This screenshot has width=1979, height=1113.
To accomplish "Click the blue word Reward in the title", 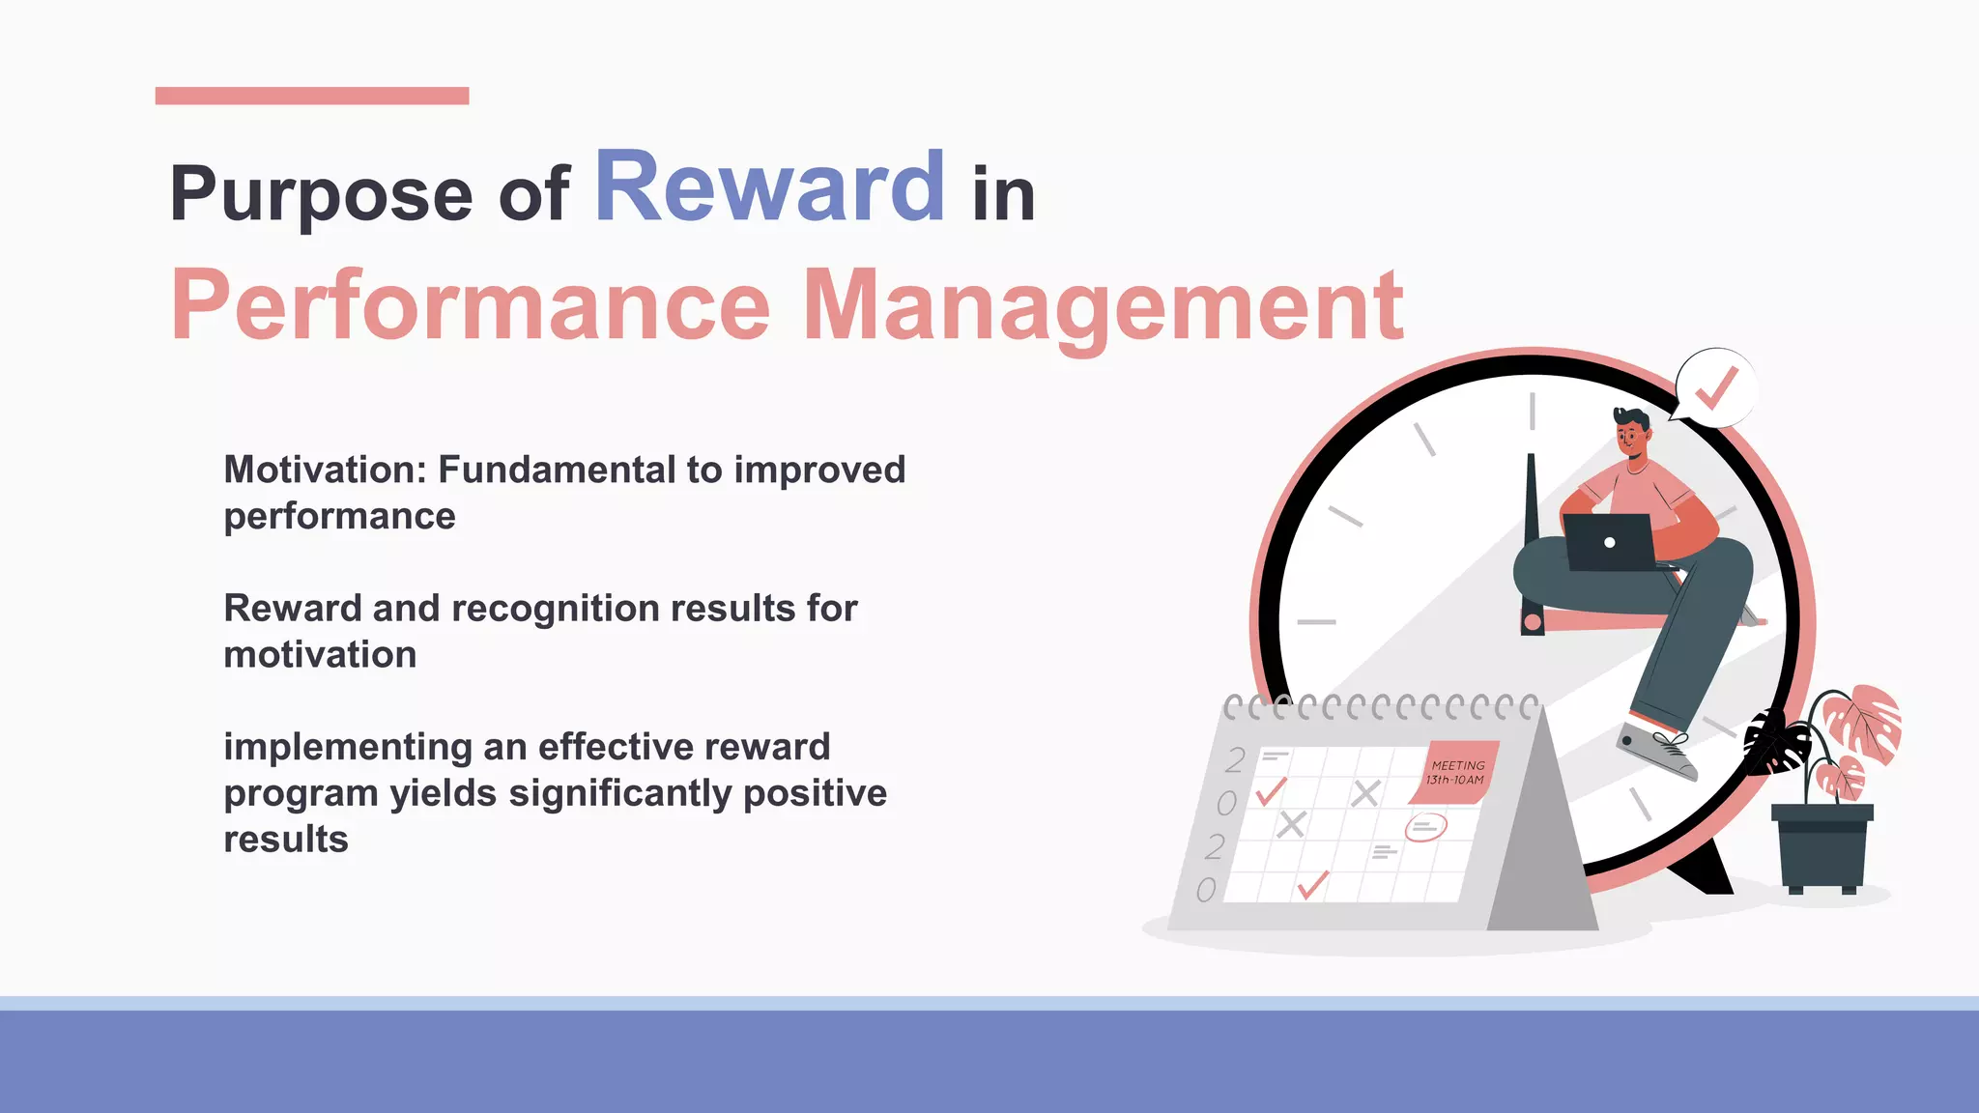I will point(769,187).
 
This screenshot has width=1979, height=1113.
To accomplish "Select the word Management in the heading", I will point(1103,305).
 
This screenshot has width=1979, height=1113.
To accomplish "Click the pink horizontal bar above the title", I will point(312,96).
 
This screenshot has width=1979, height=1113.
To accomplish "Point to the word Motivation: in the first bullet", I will point(325,470).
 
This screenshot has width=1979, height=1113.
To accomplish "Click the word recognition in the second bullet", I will point(554,609).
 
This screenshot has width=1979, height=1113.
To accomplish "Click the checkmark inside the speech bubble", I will point(1717,388).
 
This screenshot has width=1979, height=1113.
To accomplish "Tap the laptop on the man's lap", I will point(1609,542).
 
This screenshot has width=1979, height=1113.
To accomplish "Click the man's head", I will point(1631,434).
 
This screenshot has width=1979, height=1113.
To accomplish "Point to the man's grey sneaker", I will point(1657,752).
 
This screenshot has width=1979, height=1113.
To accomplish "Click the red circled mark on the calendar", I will point(1425,827).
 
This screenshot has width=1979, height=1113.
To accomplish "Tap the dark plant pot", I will point(1821,845).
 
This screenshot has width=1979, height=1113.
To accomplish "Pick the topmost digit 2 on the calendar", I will point(1235,759).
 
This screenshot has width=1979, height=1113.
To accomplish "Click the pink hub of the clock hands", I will point(1532,623).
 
